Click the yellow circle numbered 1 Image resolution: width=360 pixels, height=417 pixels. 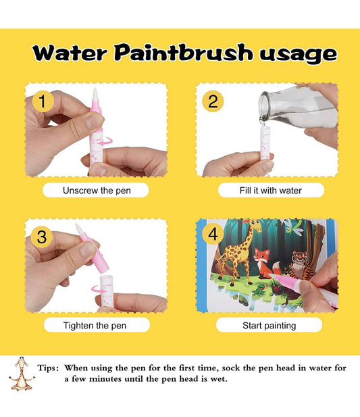pyautogui.click(x=43, y=101)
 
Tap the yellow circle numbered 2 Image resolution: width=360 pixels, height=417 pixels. pyautogui.click(x=213, y=101)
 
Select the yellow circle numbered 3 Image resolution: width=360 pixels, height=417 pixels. pyautogui.click(x=42, y=237)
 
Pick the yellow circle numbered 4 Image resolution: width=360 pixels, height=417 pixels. pyautogui.click(x=213, y=235)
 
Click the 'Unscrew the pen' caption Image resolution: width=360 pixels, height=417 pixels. pyautogui.click(x=97, y=191)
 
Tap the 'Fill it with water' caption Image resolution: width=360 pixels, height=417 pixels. pyautogui.click(x=270, y=191)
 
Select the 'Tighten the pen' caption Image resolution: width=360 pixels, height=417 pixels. pyautogui.click(x=95, y=325)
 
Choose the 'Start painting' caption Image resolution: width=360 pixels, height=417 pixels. pyautogui.click(x=269, y=325)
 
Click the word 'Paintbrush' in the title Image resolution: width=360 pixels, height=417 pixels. pyautogui.click(x=183, y=53)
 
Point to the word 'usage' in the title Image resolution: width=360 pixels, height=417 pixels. pyautogui.click(x=299, y=55)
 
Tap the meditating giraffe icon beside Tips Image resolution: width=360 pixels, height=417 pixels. pyautogui.click(x=22, y=374)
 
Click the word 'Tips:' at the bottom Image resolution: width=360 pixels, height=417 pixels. pyautogui.click(x=48, y=368)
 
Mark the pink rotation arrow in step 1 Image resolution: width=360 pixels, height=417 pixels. pyautogui.click(x=105, y=141)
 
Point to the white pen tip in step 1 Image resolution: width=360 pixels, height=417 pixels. pyautogui.click(x=95, y=94)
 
